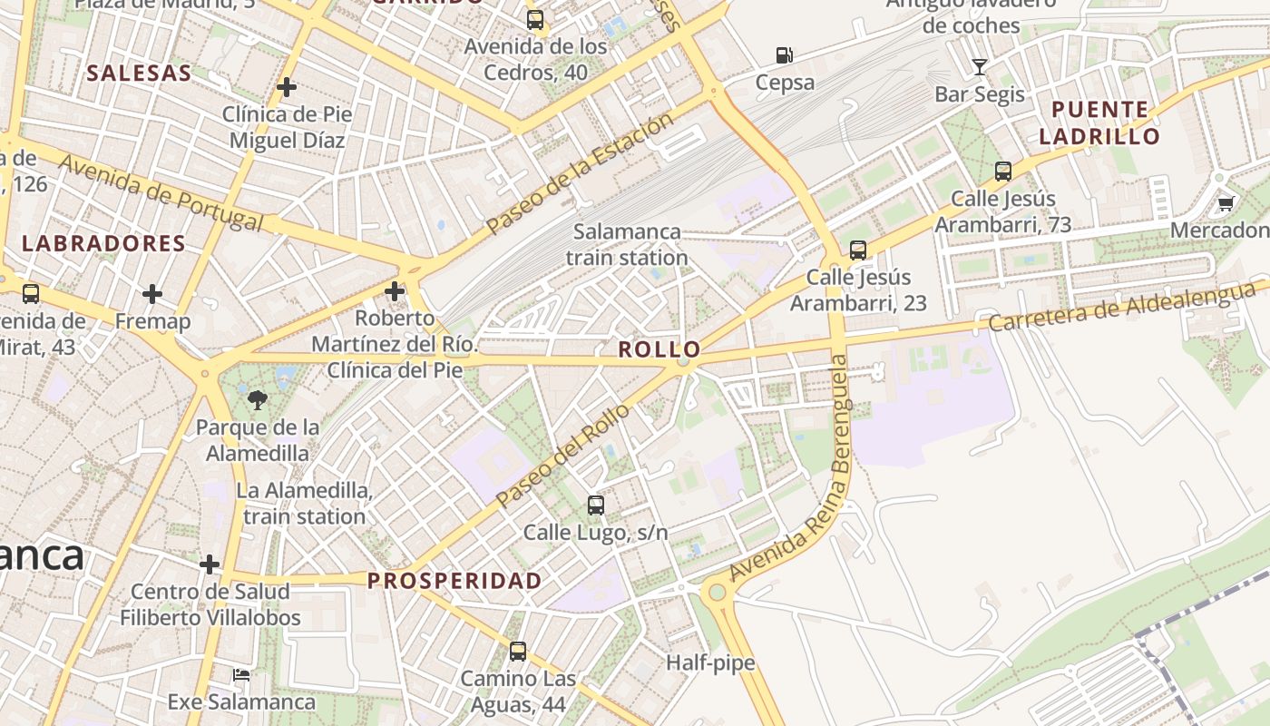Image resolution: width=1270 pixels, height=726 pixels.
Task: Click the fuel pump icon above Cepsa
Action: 785,55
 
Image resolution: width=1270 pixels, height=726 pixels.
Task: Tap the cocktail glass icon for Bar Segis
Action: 979,66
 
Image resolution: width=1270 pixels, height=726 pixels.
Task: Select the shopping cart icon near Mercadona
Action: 1226,203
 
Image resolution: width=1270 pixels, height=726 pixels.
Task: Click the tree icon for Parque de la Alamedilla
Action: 258,399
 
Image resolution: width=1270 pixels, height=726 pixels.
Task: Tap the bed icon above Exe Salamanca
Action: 241,674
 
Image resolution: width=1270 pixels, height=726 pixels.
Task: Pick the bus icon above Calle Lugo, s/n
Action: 595,505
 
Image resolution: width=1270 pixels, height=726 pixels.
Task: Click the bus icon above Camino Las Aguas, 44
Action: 517,651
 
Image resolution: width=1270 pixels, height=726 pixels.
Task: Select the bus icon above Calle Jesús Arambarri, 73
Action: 1003,171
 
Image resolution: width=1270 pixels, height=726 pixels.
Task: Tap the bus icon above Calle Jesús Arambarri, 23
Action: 858,250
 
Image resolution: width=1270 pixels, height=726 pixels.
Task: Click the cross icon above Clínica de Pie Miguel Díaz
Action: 287,87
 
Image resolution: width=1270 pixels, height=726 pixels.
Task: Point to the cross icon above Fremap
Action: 152,294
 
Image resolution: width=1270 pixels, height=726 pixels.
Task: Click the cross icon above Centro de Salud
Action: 210,564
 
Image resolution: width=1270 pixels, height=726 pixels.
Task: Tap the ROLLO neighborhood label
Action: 659,349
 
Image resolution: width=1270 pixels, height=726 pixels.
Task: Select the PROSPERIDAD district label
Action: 454,581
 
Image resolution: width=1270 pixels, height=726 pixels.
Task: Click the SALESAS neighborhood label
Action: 139,74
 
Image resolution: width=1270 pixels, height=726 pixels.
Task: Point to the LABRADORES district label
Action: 103,243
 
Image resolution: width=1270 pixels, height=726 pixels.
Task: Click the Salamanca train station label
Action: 627,244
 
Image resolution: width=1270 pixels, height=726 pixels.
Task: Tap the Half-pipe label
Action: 710,662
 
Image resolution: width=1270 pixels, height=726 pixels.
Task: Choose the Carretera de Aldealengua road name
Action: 1125,307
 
